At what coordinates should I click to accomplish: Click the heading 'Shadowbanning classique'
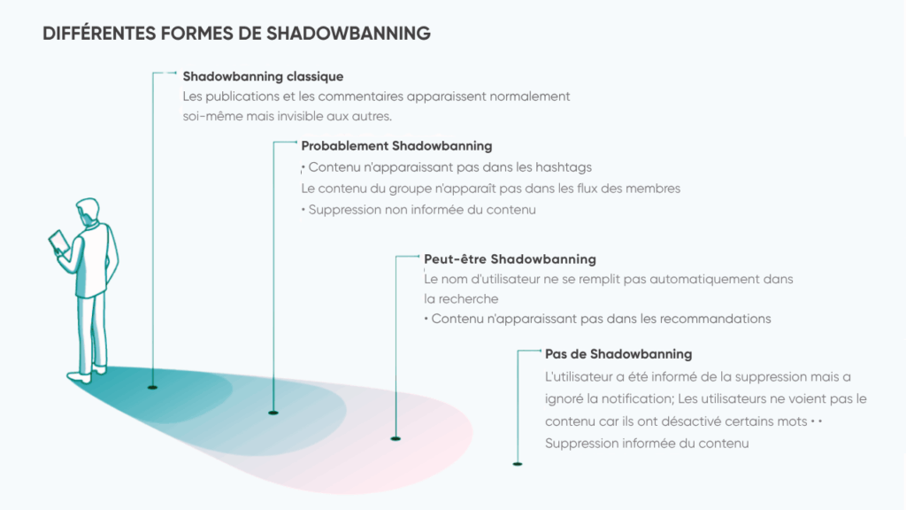click(263, 76)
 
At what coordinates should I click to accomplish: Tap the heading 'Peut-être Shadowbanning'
click(510, 259)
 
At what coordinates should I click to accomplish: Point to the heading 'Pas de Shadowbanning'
click(618, 353)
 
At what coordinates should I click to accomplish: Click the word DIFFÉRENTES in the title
click(99, 34)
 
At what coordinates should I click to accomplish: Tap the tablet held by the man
click(59, 242)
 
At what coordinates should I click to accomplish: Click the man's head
click(88, 212)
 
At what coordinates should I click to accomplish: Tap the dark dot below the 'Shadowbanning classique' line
click(152, 387)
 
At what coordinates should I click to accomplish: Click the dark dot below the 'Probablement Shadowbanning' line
click(273, 413)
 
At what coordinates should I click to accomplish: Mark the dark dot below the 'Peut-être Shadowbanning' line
click(395, 437)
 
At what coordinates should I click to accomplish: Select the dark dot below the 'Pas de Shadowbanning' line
click(518, 463)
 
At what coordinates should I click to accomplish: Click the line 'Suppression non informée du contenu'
click(421, 210)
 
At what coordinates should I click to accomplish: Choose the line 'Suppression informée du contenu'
click(647, 443)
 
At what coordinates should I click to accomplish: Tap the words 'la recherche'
click(461, 298)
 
